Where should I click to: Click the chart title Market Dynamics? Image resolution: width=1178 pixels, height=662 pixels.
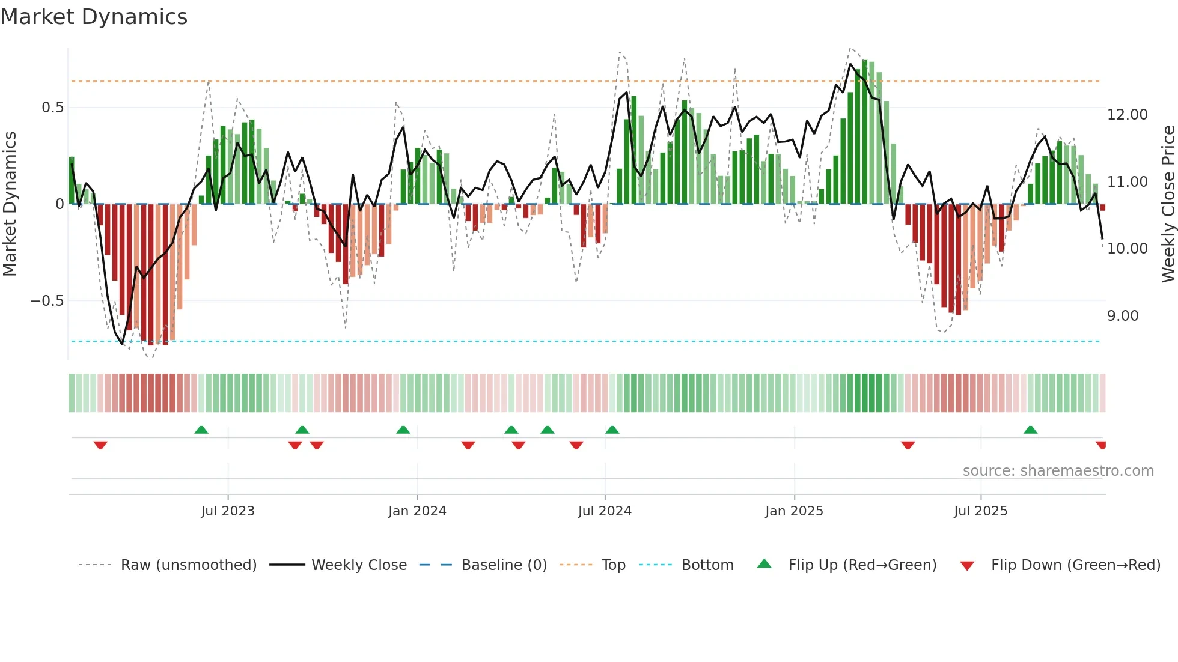tap(94, 17)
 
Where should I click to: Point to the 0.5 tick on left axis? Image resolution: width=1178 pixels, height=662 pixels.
tap(52, 108)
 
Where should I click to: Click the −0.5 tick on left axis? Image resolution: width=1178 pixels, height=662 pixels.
tap(47, 301)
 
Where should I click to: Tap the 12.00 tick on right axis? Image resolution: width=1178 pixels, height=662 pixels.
tap(1127, 115)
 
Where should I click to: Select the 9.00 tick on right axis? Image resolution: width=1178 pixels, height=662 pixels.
tap(1122, 316)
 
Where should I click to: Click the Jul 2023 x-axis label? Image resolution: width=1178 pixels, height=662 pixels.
tap(228, 511)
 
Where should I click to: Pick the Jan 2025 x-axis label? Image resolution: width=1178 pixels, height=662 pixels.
tap(794, 511)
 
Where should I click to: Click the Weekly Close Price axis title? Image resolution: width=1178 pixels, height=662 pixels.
tap(1168, 204)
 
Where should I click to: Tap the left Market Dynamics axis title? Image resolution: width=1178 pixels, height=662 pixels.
tap(10, 204)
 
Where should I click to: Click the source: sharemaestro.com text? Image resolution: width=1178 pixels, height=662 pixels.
tap(1058, 471)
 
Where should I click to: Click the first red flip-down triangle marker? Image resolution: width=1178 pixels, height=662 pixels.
tap(100, 445)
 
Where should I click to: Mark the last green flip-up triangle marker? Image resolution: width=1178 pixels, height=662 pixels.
tap(1030, 430)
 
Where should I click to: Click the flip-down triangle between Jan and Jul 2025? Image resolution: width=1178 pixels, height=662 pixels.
tap(908, 445)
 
